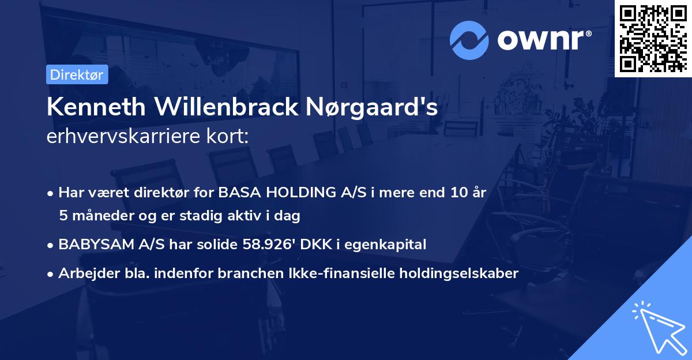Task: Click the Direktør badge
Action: tap(77, 74)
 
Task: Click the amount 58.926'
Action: tap(269, 245)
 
